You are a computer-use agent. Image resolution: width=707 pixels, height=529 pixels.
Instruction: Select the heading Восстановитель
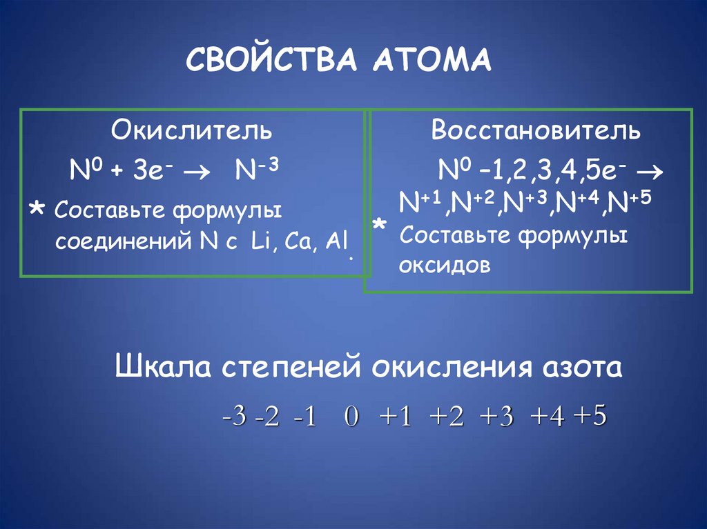[x=536, y=131]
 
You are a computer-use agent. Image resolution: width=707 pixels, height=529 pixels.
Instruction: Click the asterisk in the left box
[x=39, y=210]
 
